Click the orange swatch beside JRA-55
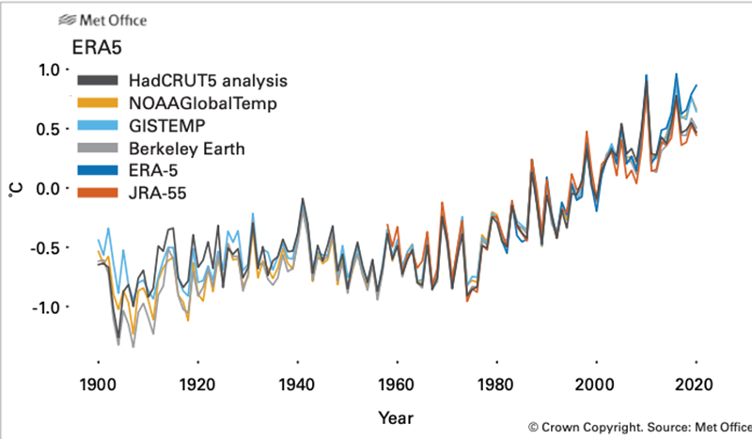click(x=98, y=193)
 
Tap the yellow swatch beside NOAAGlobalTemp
click(x=98, y=102)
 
